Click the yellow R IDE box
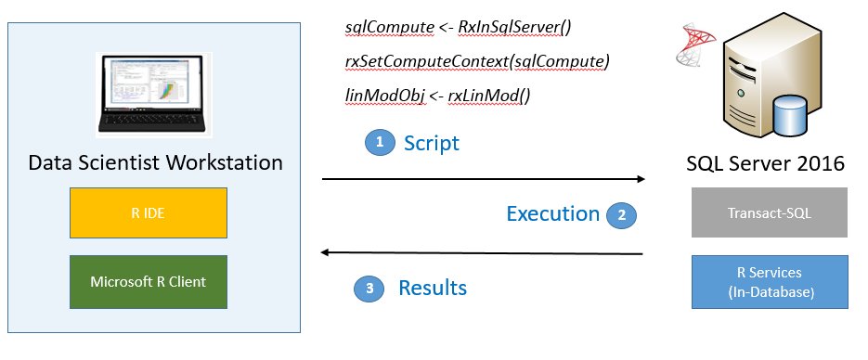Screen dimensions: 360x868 coord(149,212)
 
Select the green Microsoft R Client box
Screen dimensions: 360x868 coord(149,281)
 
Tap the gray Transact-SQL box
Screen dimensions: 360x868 coord(770,212)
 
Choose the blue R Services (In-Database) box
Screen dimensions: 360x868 coord(770,280)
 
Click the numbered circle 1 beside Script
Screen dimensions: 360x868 coord(378,143)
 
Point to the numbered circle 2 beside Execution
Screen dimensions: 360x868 coord(621,214)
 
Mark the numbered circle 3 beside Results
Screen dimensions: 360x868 coord(369,289)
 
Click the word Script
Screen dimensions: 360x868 coord(432,143)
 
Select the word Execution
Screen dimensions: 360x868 coord(552,213)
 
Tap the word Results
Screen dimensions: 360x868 coord(433,288)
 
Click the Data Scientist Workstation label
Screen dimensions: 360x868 coord(155,162)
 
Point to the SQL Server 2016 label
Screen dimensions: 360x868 coord(765,163)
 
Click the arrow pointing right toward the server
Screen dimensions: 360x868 coord(483,178)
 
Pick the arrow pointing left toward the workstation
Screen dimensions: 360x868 coord(483,251)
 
